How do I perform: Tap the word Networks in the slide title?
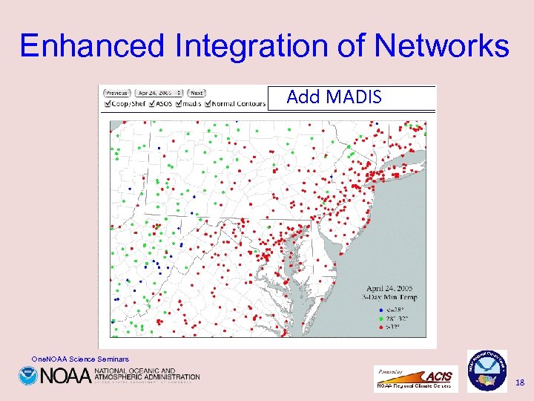441,46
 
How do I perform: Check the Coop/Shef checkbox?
106,104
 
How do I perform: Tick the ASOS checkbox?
151,104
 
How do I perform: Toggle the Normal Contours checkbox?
208,104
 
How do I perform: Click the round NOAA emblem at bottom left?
27,375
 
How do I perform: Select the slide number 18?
519,382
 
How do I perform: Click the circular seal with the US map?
487,370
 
